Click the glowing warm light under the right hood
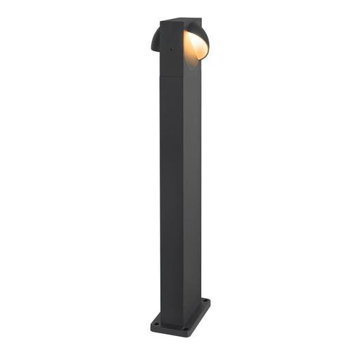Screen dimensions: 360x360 point(195,46)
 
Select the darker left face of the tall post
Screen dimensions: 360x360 point(171,197)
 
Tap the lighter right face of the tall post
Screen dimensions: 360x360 point(191,197)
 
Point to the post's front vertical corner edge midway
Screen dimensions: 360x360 point(181,197)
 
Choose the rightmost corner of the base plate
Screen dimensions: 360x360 point(210,302)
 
